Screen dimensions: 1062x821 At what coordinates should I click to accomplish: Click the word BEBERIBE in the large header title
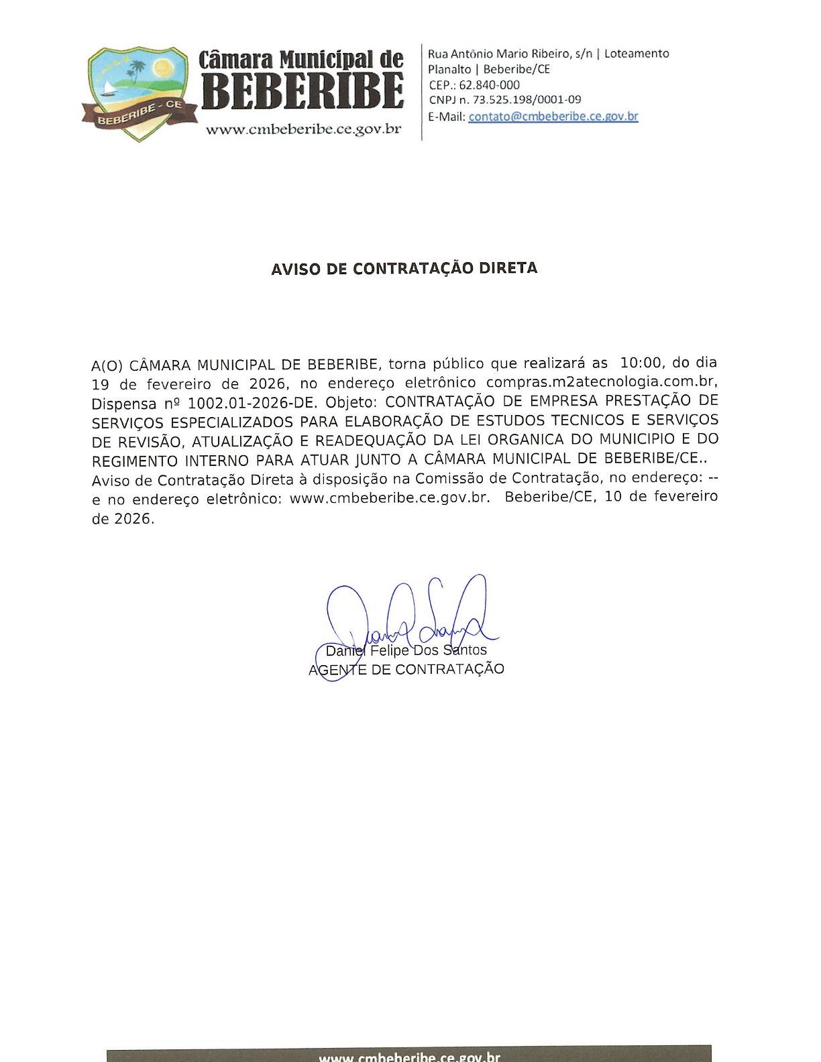(x=303, y=91)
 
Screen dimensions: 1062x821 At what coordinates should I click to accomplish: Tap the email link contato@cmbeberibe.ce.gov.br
(x=553, y=116)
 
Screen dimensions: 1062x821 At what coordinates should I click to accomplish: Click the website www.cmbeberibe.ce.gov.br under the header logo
(x=303, y=129)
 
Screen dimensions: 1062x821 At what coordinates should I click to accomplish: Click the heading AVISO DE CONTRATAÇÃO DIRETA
(x=404, y=269)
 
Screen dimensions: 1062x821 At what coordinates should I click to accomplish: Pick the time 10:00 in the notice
(x=641, y=363)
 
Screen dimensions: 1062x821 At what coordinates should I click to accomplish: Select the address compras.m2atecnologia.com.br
(x=601, y=382)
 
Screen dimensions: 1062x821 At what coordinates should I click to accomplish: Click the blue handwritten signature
(x=409, y=620)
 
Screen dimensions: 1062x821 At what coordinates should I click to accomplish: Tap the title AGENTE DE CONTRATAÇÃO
(x=406, y=669)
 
